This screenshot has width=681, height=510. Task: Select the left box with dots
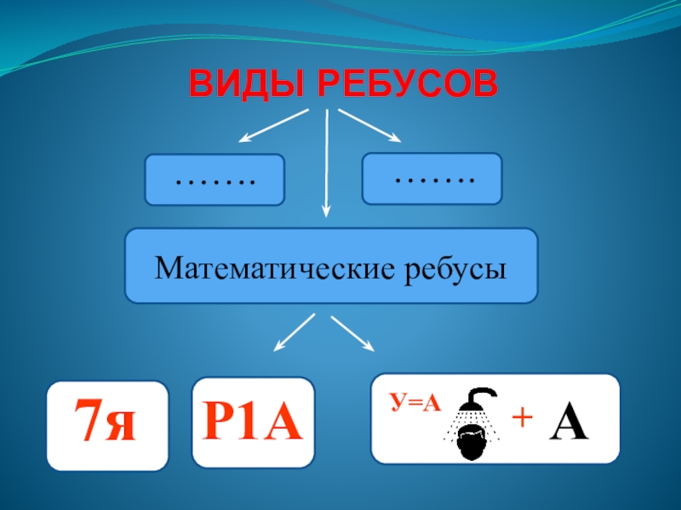pos(214,179)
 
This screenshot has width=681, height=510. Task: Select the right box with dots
pos(432,178)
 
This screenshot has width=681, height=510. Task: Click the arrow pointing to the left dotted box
pos(272,126)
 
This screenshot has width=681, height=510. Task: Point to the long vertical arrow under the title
pos(327,166)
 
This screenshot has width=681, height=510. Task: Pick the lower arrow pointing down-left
pos(294,332)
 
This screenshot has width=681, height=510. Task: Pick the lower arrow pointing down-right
pos(352,333)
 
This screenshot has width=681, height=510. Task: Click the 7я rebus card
pos(107,425)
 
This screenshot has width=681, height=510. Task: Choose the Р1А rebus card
pos(254,422)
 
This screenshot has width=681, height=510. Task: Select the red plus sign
pos(520,418)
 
